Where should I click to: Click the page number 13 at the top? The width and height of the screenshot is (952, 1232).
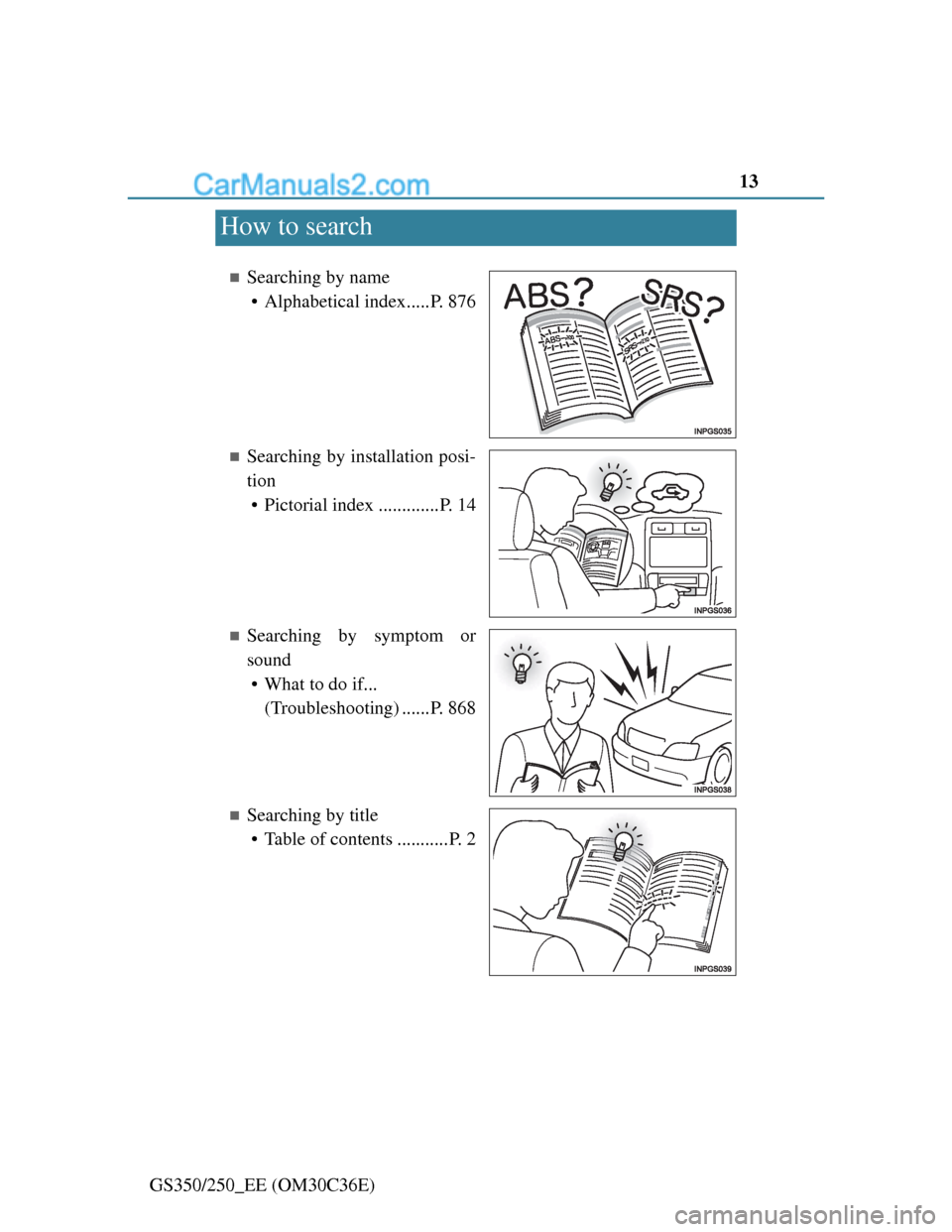pos(749,182)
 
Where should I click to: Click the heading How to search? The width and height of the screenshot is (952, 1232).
pos(297,226)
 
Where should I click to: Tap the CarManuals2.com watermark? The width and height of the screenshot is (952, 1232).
pos(311,185)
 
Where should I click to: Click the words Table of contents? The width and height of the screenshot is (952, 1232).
pos(328,839)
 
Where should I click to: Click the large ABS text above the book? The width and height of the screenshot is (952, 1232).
pos(535,296)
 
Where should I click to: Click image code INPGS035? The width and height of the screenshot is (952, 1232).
pos(712,431)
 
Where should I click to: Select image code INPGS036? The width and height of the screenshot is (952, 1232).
pos(712,611)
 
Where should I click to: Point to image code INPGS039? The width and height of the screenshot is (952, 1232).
pos(712,969)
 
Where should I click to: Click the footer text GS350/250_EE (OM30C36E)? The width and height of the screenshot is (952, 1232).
pos(263,1184)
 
